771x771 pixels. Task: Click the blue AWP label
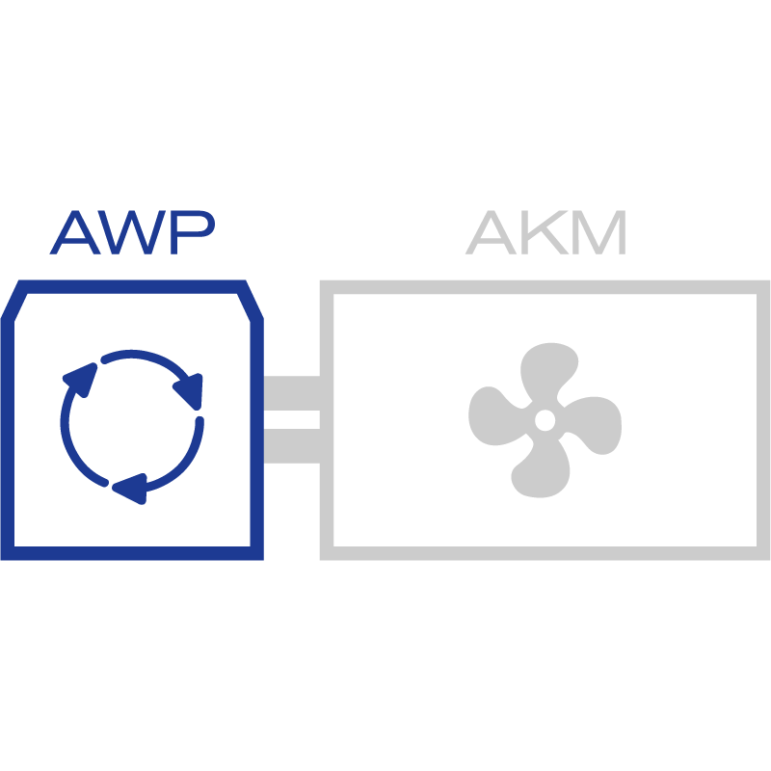tap(132, 232)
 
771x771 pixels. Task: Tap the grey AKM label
tap(546, 232)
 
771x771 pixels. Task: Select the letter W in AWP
tap(132, 232)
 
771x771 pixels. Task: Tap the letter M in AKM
tap(599, 232)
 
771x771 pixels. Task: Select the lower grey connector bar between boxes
tap(291, 445)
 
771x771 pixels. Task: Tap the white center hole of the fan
tap(545, 420)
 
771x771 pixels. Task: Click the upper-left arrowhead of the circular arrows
tap(81, 379)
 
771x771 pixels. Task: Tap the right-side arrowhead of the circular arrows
tap(190, 389)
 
